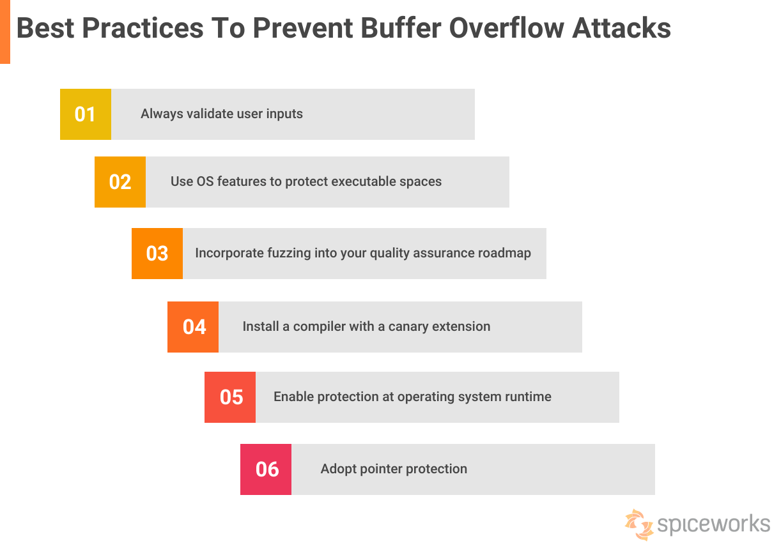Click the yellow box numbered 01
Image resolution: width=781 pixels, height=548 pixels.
tap(85, 114)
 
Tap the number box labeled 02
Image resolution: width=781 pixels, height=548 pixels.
tap(120, 182)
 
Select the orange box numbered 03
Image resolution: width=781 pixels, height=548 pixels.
tap(157, 254)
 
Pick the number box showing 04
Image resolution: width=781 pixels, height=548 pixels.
tap(194, 327)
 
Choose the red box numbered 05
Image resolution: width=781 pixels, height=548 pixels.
tap(231, 397)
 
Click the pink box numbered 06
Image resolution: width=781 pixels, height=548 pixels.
tap(267, 469)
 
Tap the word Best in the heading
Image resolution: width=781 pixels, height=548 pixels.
tap(44, 28)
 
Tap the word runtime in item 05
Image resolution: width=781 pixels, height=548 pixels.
tap(527, 397)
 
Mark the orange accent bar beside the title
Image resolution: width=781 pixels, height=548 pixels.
tap(5, 32)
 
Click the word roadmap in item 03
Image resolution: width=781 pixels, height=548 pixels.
tap(504, 253)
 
